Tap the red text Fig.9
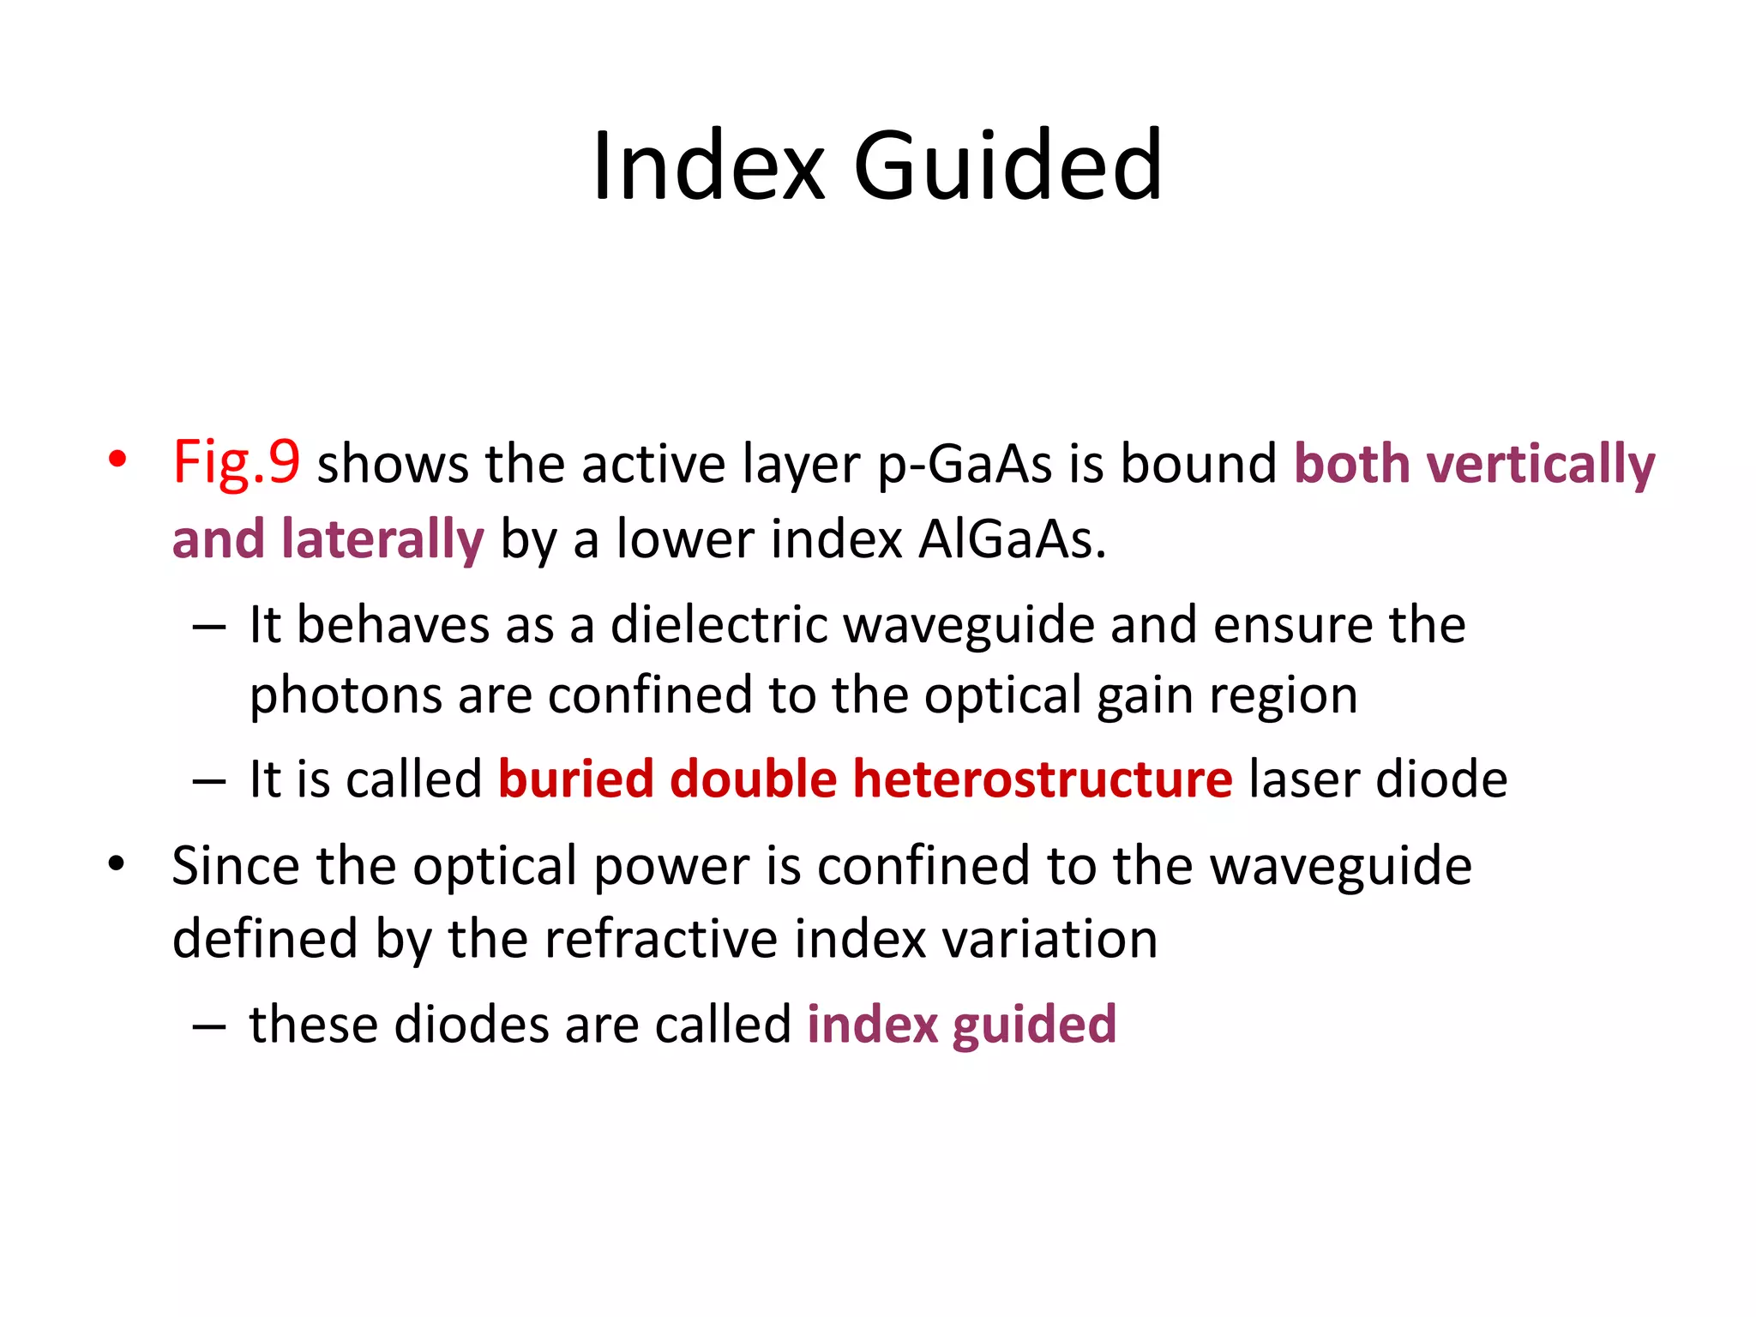tap(237, 463)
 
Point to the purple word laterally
tap(382, 540)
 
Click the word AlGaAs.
tap(1012, 540)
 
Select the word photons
tap(345, 695)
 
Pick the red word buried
tap(576, 779)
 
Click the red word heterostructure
tap(1042, 779)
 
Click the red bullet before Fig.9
tap(117, 460)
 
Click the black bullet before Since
tap(117, 863)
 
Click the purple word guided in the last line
tap(1034, 1025)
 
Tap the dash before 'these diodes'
tap(209, 1026)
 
